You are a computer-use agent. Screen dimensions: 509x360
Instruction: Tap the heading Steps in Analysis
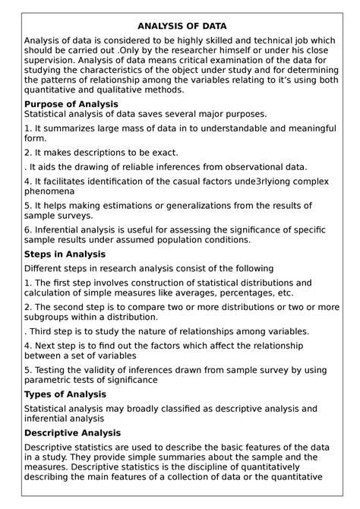point(65,254)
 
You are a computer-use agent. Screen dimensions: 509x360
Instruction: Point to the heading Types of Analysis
point(65,394)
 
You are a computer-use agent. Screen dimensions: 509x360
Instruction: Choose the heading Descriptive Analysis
point(73,432)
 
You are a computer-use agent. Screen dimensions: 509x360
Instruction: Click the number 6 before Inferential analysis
point(27,229)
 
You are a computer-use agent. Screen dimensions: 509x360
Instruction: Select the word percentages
point(239,292)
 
